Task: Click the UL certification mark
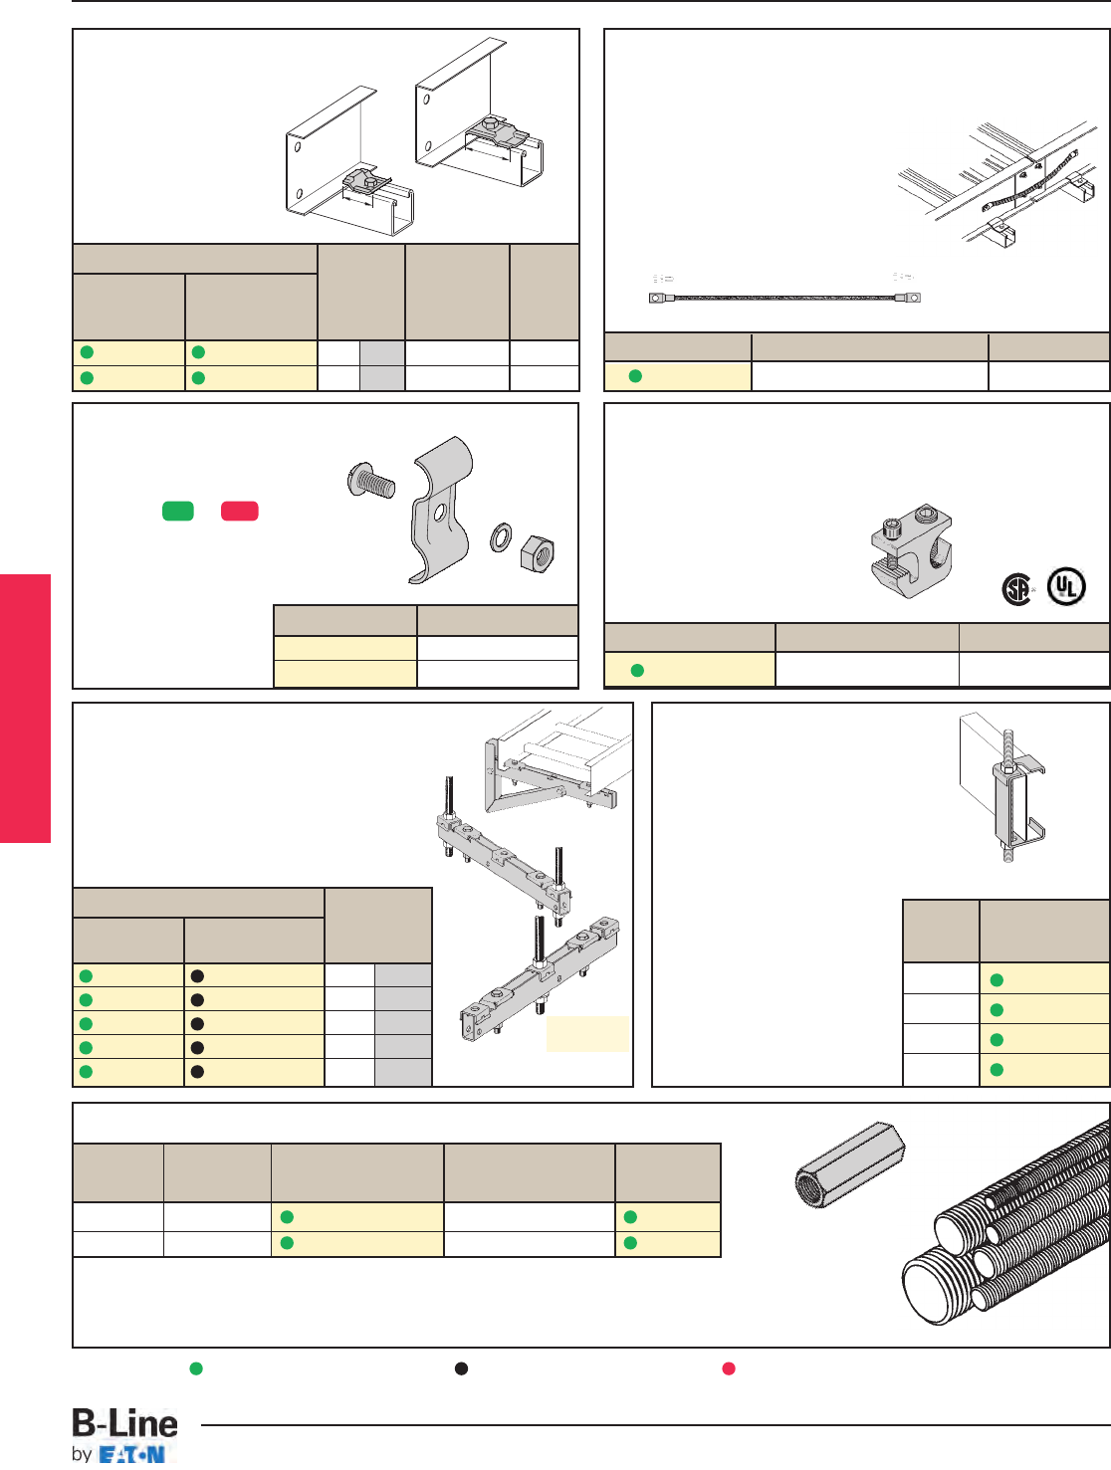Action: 1066,587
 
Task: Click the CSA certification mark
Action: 1016,590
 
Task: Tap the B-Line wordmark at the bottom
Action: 125,1424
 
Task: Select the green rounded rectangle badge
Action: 178,511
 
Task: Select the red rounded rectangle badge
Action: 240,511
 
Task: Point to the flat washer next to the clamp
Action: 501,537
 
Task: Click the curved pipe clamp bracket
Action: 443,508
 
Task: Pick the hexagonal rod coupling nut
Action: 848,1163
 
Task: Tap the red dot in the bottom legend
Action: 729,1368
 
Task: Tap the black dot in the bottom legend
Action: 461,1368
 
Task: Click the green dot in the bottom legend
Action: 196,1368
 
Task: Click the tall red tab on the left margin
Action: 25,708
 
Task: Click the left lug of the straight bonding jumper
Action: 657,298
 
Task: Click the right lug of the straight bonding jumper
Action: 909,297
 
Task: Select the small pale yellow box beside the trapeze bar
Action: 587,1033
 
